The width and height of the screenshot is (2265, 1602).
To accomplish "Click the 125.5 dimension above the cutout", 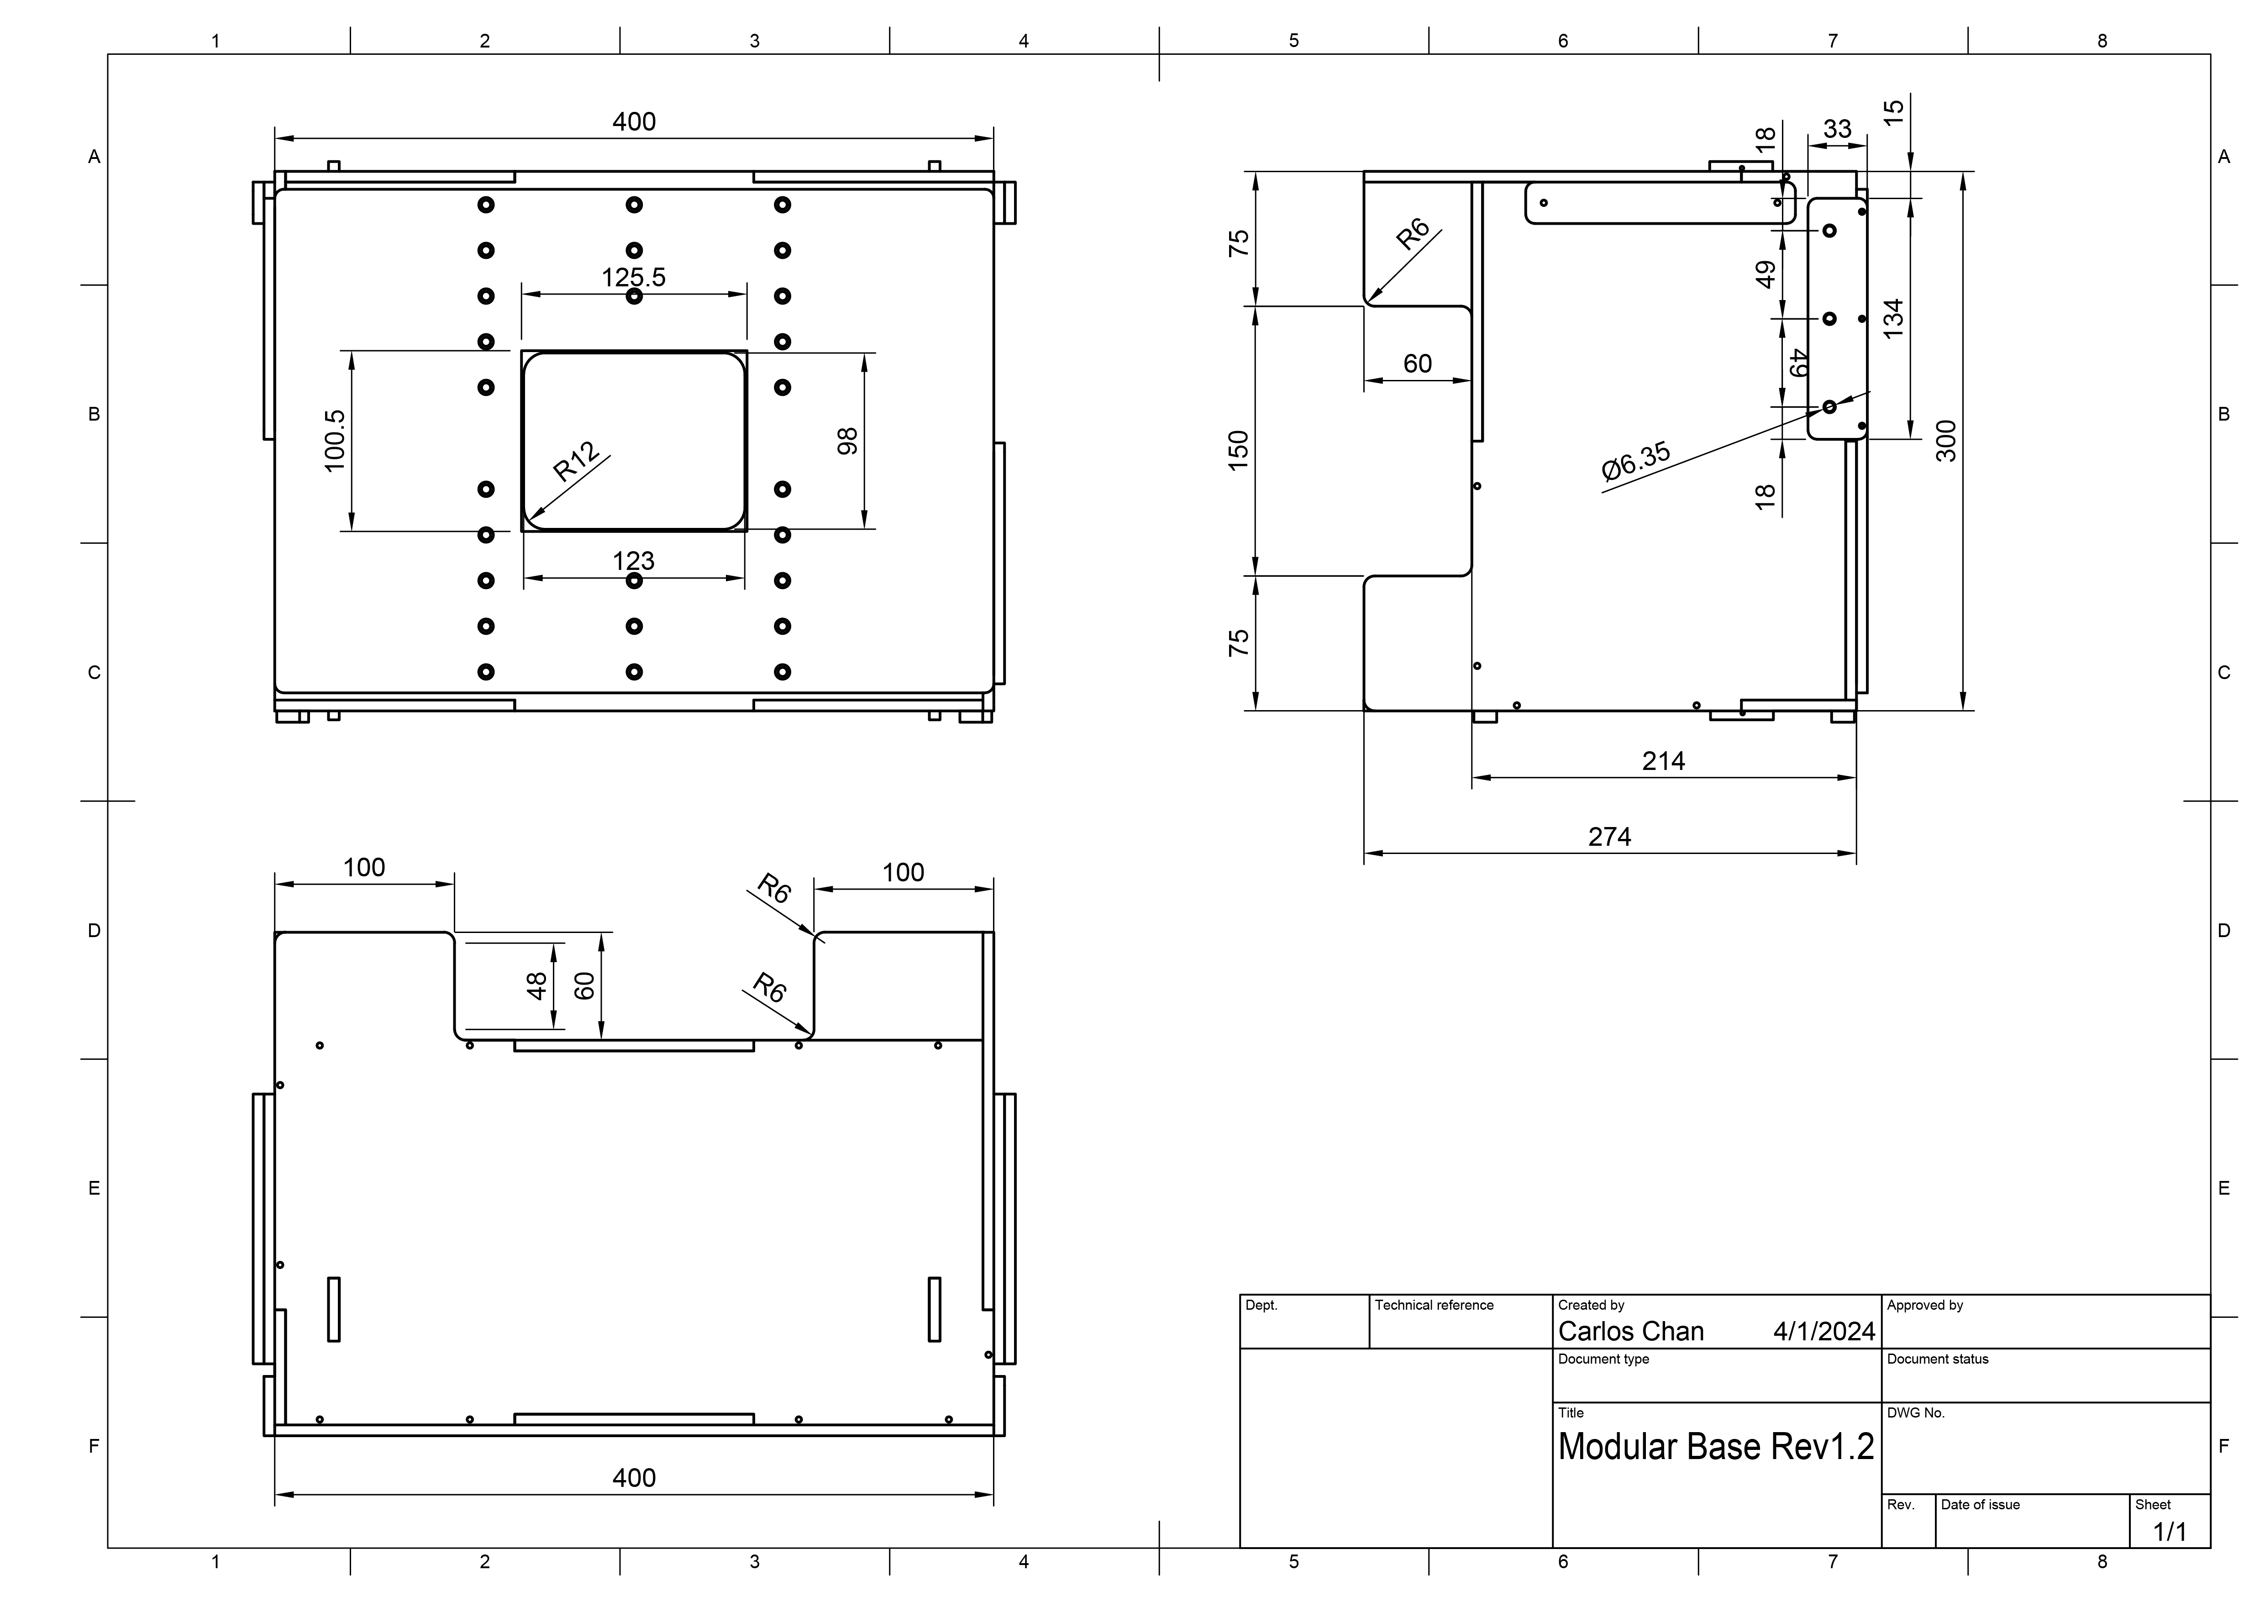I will [x=633, y=277].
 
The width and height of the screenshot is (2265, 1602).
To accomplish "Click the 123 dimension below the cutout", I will [x=633, y=560].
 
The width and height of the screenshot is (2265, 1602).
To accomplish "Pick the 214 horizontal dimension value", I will [x=1663, y=760].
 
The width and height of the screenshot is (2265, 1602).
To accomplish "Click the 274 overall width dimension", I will [x=1609, y=837].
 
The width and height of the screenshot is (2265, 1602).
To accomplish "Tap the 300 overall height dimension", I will [x=1945, y=441].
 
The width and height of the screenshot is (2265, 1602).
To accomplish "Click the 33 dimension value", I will [x=1837, y=129].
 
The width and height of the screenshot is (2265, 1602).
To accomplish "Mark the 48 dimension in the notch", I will [x=536, y=985].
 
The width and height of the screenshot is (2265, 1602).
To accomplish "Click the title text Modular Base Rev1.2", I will [x=1715, y=1446].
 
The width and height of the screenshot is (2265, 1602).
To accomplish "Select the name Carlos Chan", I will [x=1631, y=1332].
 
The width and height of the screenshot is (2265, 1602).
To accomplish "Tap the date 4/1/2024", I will [x=1823, y=1332].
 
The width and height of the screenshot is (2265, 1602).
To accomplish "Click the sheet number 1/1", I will [x=2169, y=1532].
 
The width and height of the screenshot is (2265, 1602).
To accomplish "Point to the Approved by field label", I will [x=1925, y=1305].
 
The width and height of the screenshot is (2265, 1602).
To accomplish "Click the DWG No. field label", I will [x=1916, y=1412].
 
